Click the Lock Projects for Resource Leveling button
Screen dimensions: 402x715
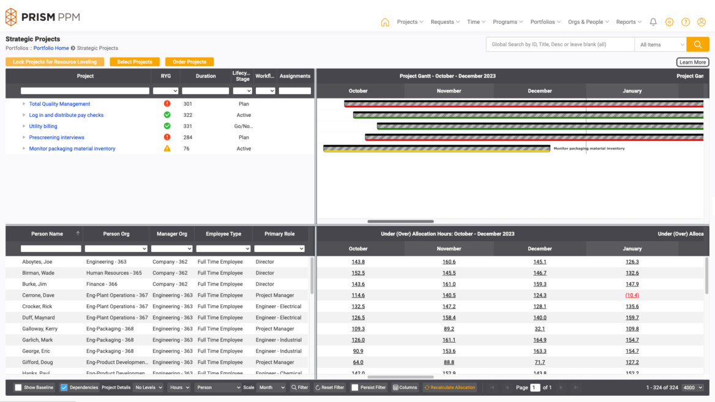55,62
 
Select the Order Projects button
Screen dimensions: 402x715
189,62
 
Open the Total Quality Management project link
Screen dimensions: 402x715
59,104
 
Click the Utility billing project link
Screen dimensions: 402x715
43,126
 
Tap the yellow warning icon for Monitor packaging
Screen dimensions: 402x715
167,149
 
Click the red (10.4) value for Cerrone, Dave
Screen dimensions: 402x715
632,296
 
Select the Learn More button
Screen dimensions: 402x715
692,62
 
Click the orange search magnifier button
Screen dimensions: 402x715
697,45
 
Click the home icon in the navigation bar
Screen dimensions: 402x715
385,22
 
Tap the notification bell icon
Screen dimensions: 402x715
653,22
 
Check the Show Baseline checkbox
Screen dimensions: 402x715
18,387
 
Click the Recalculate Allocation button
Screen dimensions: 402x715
450,387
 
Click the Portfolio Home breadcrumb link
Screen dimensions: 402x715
51,48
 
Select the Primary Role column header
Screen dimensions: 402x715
279,234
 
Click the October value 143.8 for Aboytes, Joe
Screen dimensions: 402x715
358,262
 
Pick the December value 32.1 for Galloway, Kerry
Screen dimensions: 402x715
539,329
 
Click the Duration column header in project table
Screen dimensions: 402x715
206,76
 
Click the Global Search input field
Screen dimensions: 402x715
560,45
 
